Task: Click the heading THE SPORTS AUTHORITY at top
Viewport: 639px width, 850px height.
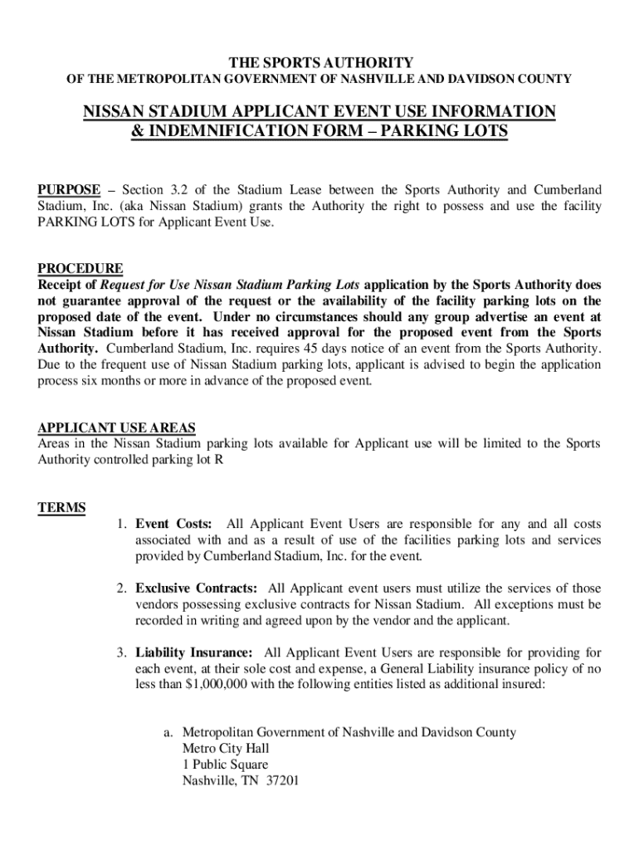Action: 319,63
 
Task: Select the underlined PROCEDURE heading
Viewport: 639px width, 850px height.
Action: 80,268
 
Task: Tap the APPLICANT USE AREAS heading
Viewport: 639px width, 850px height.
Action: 117,427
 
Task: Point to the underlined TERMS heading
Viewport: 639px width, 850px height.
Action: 61,507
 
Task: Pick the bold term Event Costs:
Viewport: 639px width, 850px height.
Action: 173,524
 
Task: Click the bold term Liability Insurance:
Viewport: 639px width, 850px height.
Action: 193,653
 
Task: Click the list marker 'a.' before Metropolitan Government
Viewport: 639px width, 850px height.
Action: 168,732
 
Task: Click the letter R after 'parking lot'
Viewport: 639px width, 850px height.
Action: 218,459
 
